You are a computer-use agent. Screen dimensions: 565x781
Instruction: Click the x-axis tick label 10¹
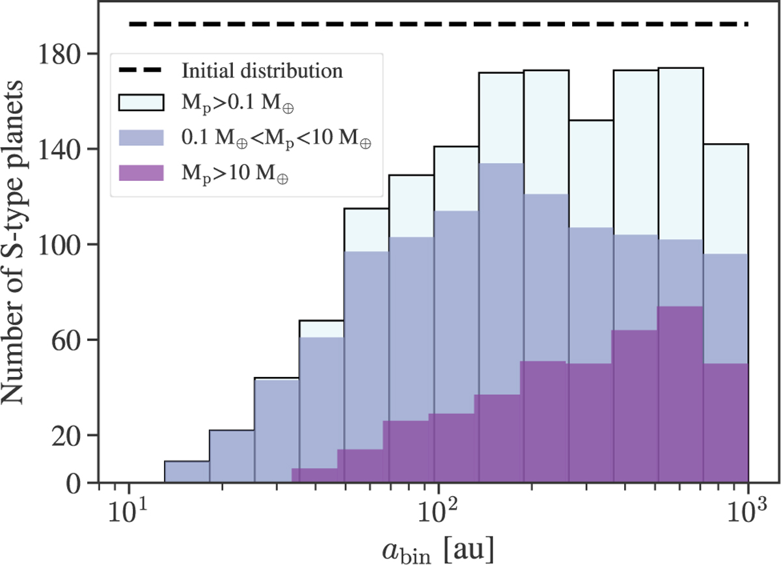coord(129,509)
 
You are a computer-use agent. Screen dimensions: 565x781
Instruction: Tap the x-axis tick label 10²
coord(438,509)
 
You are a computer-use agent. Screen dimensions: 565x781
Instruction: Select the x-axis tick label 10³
coord(748,509)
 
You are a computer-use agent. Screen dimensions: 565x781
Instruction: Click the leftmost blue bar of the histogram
coord(187,473)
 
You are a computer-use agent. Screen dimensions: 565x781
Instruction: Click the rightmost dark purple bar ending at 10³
coord(726,423)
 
